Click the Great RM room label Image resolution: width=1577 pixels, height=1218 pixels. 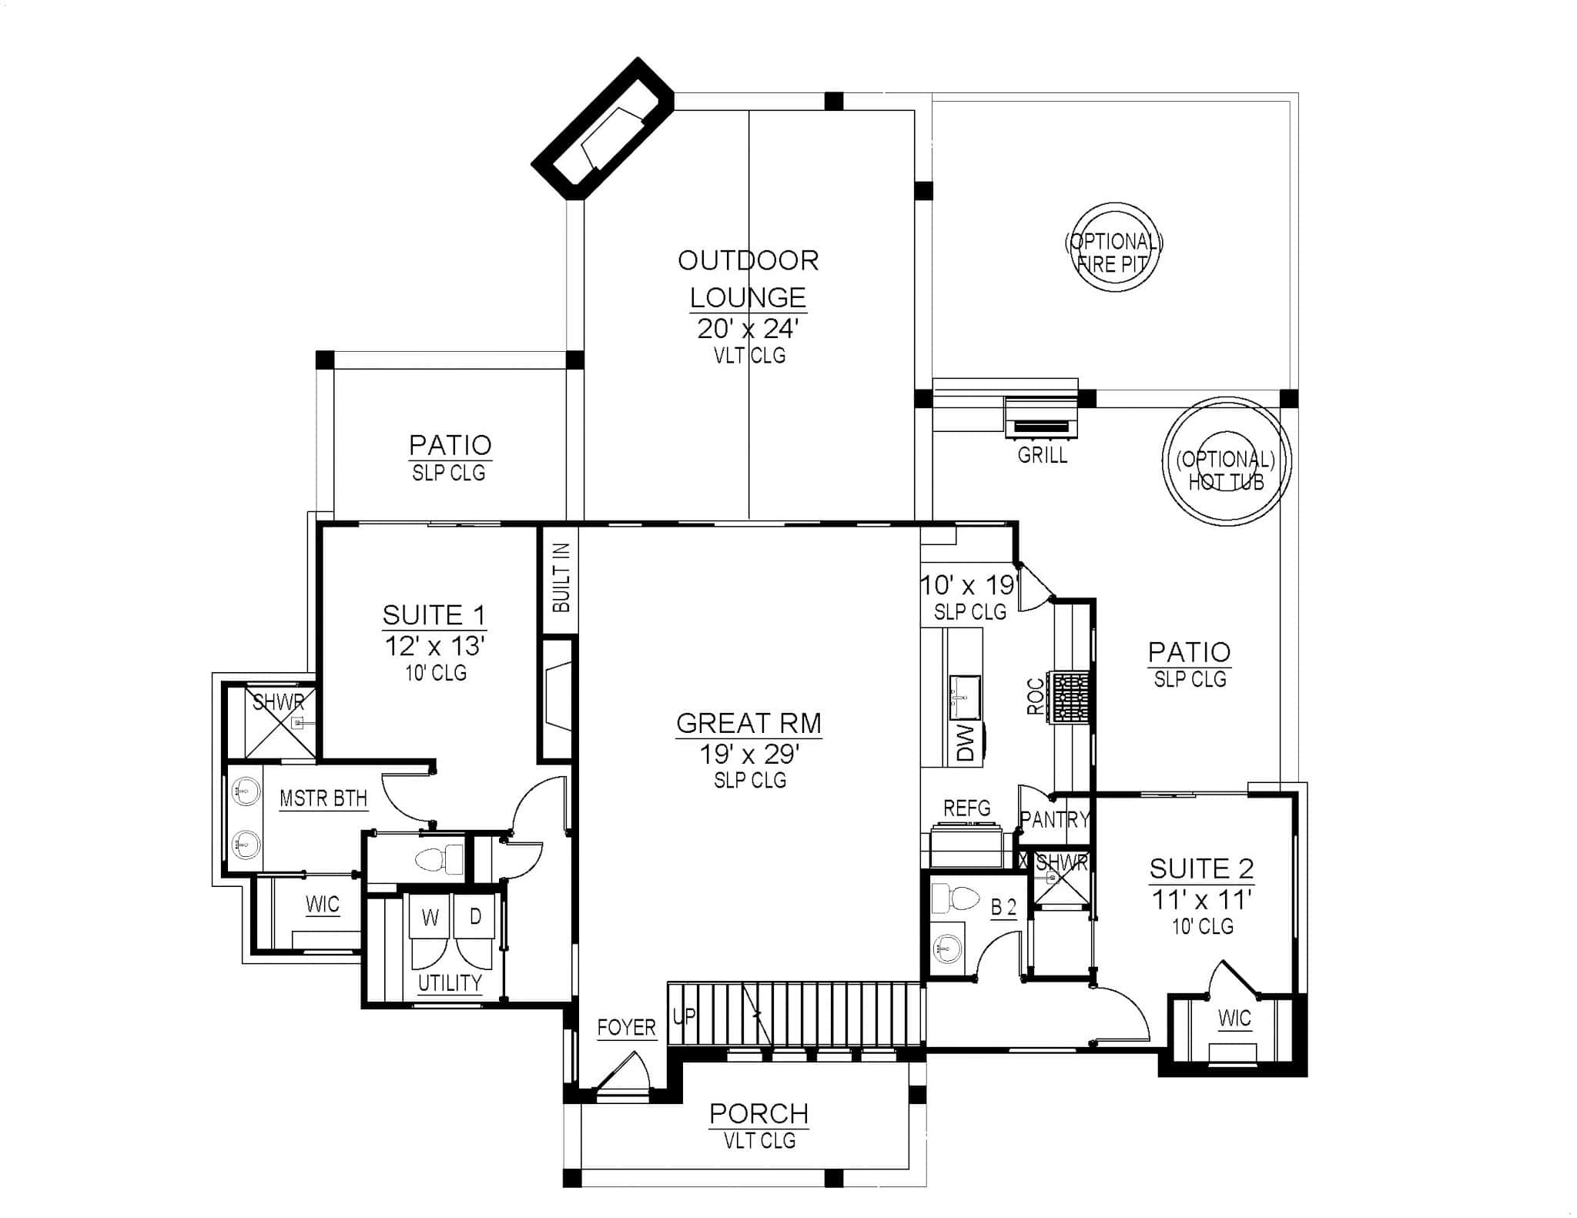748,724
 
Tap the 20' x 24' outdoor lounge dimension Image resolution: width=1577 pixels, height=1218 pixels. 748,329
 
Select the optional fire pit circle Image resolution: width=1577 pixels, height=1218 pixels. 1113,246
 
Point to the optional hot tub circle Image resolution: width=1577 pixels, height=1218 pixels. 1225,462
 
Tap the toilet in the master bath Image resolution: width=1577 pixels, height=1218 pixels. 440,858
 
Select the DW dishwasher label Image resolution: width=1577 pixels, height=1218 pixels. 966,742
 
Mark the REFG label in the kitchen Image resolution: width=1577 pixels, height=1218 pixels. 967,808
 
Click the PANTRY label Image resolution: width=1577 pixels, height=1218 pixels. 1055,819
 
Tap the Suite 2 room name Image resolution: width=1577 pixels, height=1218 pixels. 1201,868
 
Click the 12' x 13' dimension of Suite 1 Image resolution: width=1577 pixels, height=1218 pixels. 434,646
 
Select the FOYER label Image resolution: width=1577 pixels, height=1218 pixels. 626,1027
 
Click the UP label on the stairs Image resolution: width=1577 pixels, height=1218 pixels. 684,1016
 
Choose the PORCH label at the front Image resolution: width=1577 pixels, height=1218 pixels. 758,1113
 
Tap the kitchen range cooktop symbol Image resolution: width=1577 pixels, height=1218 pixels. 1071,697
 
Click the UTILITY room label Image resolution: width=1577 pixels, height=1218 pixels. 450,983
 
